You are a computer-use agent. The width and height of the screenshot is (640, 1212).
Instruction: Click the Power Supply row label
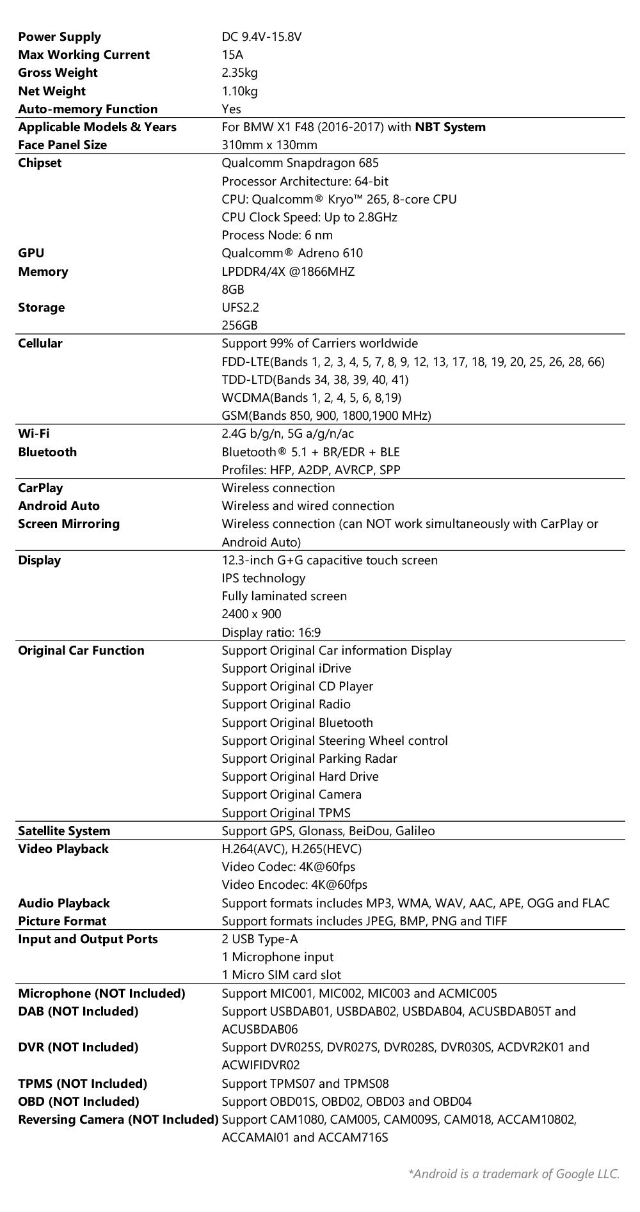[x=60, y=37]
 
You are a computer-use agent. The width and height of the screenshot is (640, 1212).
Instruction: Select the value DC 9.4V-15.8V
[x=261, y=37]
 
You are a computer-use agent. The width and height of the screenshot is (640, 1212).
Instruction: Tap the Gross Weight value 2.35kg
[x=239, y=73]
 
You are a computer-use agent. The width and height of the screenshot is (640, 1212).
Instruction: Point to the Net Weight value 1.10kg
[x=239, y=91]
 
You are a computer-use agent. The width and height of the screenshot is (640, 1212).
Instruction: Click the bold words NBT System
[x=450, y=127]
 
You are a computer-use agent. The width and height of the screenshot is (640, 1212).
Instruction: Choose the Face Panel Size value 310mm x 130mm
[x=269, y=145]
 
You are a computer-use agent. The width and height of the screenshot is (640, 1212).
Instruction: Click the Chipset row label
[x=40, y=163]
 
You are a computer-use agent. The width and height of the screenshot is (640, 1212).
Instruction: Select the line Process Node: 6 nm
[x=277, y=235]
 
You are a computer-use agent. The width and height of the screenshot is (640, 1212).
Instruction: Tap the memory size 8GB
[x=233, y=289]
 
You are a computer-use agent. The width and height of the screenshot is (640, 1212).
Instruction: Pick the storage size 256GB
[x=239, y=325]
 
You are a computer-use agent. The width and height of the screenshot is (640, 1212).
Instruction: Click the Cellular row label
[x=40, y=344]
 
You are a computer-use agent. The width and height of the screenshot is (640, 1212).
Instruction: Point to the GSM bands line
[x=326, y=415]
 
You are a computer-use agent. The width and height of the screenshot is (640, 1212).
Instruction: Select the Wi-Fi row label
[x=33, y=434]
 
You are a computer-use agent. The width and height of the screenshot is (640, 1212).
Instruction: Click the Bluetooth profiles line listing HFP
[x=311, y=470]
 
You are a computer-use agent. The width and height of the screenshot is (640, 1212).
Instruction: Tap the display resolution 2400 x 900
[x=251, y=614]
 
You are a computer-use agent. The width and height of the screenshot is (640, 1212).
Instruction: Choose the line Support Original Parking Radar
[x=309, y=758]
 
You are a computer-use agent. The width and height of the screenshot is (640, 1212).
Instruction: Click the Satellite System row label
[x=64, y=831]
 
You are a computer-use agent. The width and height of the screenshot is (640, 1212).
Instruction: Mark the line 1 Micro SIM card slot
[x=281, y=975]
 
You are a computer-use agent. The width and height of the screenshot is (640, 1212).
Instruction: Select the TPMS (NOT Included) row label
[x=83, y=1083]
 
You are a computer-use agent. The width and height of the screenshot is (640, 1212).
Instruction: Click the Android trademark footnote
[x=514, y=1174]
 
